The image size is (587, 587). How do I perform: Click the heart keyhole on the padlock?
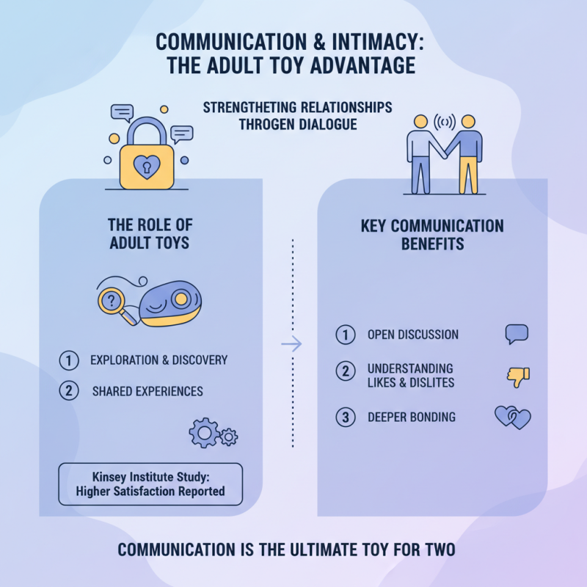(151, 164)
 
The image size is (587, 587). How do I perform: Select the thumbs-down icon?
(518, 376)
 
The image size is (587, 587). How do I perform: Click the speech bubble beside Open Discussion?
(517, 335)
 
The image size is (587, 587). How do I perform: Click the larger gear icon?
(204, 434)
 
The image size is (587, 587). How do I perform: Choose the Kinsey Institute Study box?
(150, 484)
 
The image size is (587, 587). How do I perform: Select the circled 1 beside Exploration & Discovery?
(68, 360)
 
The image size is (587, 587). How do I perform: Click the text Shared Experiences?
(147, 391)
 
